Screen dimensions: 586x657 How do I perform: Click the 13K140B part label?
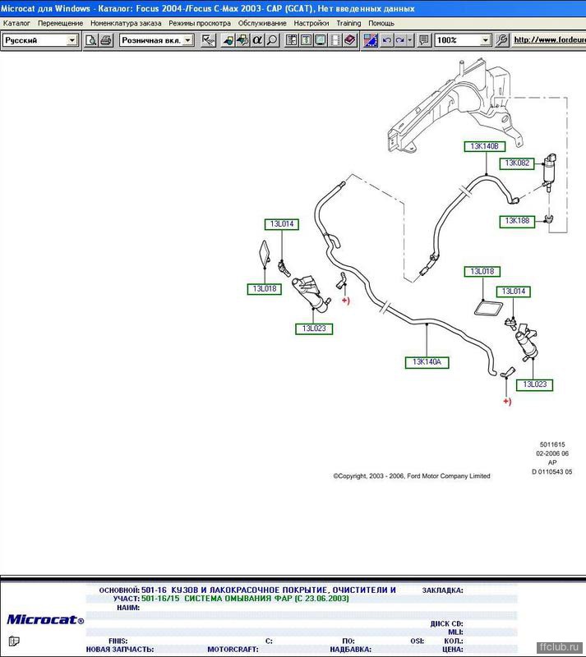tap(484, 146)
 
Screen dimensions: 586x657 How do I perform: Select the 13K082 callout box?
tap(517, 163)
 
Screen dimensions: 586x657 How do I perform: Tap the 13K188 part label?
tap(517, 221)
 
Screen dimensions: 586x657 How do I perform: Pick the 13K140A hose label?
tap(427, 362)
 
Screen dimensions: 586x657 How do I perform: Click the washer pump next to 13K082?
tap(550, 171)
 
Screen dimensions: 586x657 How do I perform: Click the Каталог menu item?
tap(16, 24)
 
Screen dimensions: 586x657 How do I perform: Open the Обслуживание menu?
tap(262, 24)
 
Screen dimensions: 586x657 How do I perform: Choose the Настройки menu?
tap(311, 24)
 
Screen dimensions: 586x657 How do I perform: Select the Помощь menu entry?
tap(381, 24)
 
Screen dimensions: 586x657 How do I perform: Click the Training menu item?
tap(348, 24)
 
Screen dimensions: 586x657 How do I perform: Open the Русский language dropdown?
tap(40, 40)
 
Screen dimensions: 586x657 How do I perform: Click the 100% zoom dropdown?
tap(463, 40)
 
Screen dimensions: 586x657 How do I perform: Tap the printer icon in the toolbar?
tap(106, 40)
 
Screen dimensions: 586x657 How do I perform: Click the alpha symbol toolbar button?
tap(257, 40)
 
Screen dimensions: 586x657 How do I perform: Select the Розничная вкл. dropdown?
tap(156, 40)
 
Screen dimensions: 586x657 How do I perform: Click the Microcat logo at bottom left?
tap(45, 620)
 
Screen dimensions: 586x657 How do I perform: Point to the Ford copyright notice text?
tap(412, 476)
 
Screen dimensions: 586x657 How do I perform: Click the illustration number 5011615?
tap(552, 444)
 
